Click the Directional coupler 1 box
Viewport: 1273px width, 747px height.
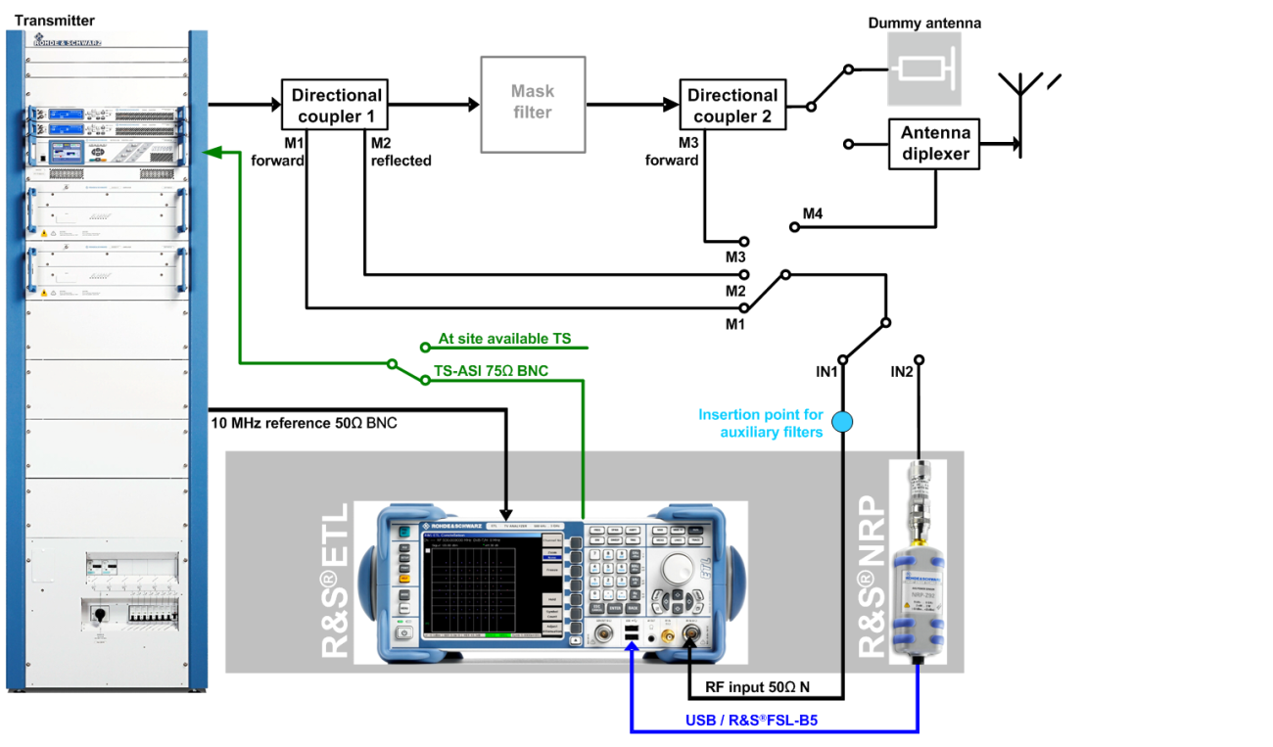(336, 106)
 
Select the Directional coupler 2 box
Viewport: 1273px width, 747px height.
(732, 106)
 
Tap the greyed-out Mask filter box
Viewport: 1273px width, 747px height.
(533, 103)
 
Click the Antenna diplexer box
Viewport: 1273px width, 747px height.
(935, 144)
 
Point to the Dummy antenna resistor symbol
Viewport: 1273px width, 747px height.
(924, 70)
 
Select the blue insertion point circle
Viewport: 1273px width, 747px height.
(842, 422)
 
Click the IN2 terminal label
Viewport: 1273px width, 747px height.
(903, 372)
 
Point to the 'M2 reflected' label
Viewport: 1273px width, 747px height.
(401, 153)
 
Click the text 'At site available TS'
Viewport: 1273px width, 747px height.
(504, 339)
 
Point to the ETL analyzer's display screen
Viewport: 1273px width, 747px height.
(480, 587)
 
